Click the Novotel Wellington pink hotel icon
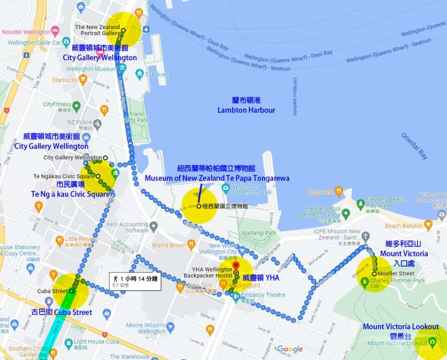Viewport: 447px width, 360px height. tap(55, 32)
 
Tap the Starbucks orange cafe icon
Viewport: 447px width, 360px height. tap(83, 80)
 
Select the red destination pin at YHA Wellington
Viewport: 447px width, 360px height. tap(236, 266)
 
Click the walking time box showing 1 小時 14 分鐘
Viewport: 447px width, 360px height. tap(135, 281)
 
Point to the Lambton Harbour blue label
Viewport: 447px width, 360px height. tap(246, 110)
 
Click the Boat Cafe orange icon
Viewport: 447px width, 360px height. tap(338, 192)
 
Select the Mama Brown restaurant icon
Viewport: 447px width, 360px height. tap(191, 245)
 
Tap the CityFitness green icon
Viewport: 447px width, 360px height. tap(76, 106)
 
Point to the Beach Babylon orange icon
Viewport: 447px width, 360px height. tap(428, 226)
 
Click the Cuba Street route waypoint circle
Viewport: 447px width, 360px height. tap(72, 291)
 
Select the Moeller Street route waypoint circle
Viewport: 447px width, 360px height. tap(374, 274)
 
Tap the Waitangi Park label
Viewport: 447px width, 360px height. tap(264, 233)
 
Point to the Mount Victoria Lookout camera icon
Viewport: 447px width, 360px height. tap(432, 343)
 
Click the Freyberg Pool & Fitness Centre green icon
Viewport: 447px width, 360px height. tap(345, 214)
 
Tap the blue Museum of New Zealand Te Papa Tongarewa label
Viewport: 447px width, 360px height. tap(217, 178)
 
